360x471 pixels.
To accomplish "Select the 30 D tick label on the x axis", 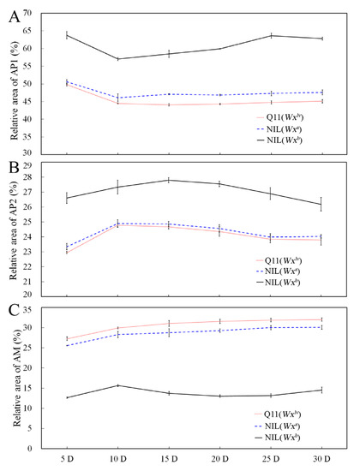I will coord(321,459).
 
